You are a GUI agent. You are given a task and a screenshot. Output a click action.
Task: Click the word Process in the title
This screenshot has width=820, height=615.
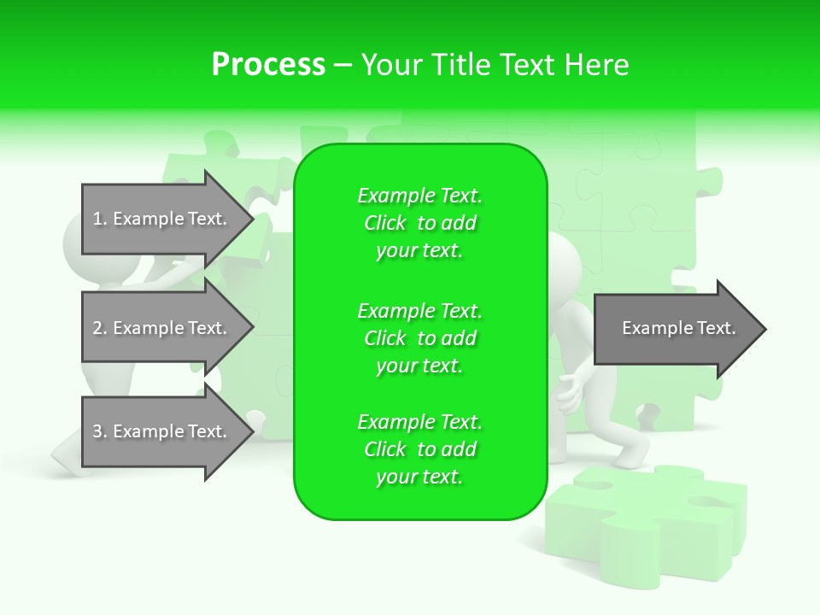[268, 65]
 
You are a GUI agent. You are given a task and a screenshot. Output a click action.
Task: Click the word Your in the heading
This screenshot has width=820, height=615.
[390, 65]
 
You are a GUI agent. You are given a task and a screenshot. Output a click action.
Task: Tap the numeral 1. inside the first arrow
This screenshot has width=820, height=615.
[100, 220]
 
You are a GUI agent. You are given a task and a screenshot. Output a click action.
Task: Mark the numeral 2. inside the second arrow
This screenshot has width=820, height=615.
[100, 328]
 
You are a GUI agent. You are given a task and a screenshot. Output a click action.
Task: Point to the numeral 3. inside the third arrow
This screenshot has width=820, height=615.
[100, 431]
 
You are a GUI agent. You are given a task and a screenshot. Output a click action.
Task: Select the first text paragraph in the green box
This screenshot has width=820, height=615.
[419, 223]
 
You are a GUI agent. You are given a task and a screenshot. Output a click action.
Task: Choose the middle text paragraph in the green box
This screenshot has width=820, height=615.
[419, 338]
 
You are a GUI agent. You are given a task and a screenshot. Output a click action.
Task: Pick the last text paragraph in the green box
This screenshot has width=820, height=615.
[419, 449]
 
